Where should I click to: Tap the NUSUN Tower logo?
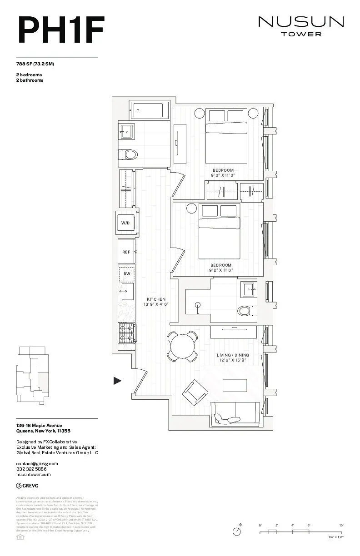click(301, 26)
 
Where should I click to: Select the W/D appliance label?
click(125, 223)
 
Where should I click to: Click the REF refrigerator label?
click(126, 252)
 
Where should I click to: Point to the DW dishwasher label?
click(127, 274)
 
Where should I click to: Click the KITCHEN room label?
click(156, 299)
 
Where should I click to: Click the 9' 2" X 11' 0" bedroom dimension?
click(221, 270)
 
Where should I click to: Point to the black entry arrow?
click(117, 381)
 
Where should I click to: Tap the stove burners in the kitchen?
click(127, 333)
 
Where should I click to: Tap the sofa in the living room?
click(235, 413)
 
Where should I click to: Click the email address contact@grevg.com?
click(37, 463)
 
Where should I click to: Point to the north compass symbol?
click(237, 531)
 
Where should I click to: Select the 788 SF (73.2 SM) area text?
click(35, 64)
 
